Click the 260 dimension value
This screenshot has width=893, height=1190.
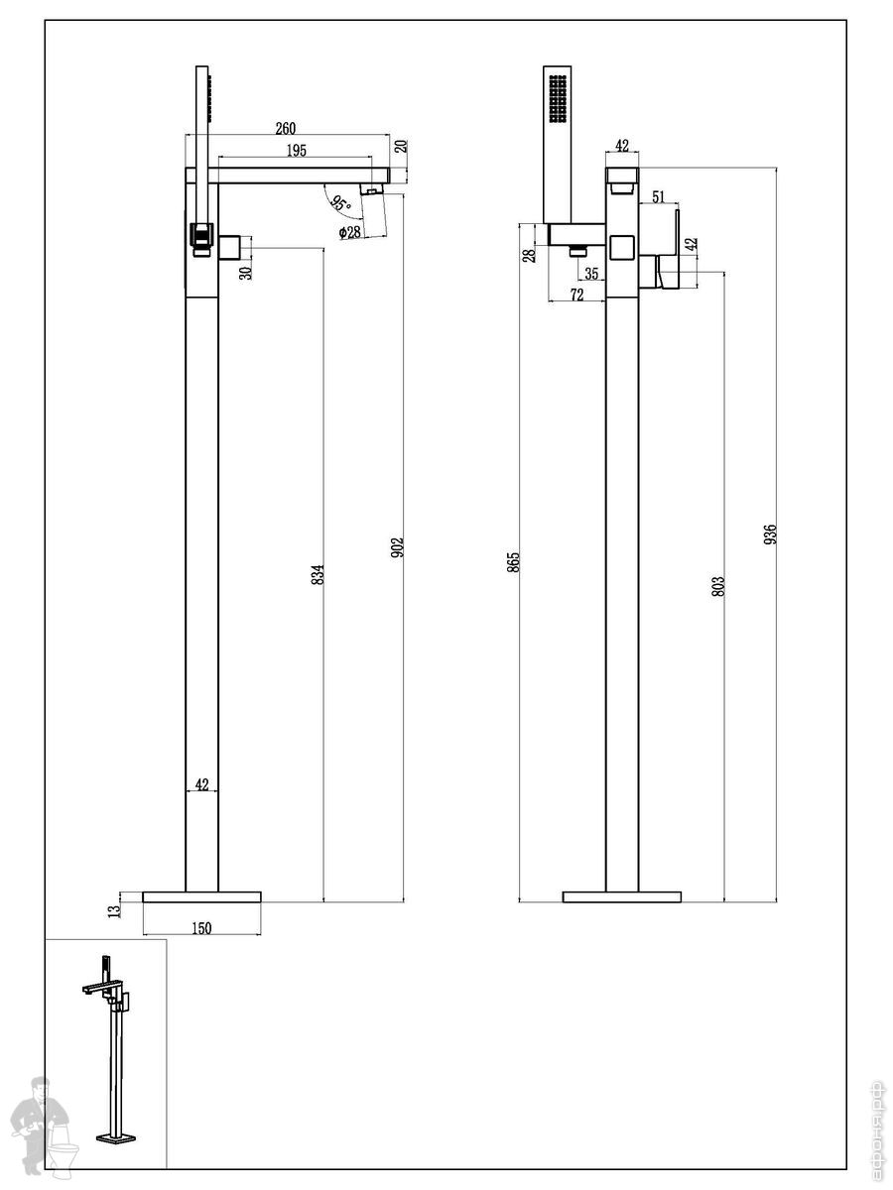point(285,128)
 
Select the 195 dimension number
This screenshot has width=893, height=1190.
point(296,150)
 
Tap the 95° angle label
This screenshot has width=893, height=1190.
point(341,203)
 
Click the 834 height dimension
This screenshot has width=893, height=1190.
point(318,574)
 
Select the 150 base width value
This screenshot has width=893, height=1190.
point(201,928)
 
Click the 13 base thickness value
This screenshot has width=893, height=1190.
point(114,907)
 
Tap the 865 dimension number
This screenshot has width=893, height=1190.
point(513,562)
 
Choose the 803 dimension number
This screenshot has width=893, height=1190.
point(718,586)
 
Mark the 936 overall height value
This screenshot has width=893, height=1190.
point(770,534)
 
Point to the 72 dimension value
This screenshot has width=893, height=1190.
point(577,294)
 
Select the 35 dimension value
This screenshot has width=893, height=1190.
point(591,274)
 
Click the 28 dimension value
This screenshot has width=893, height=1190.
point(531,255)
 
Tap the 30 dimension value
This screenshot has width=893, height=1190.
point(245,268)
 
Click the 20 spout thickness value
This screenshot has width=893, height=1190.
point(401,146)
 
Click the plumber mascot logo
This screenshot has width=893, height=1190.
point(44,1128)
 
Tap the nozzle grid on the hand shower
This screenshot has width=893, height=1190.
point(557,100)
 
